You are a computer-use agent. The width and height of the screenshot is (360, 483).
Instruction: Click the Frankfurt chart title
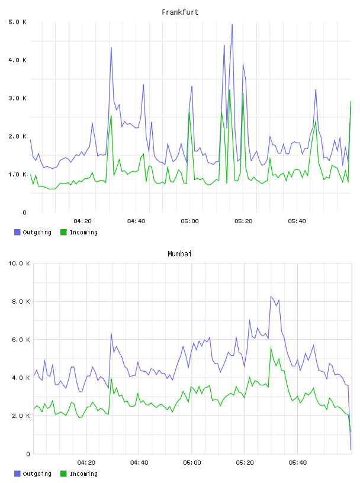click(x=180, y=12)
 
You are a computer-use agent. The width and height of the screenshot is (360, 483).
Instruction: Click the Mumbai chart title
click(x=179, y=254)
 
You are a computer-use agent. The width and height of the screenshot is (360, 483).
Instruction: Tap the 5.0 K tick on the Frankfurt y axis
click(x=17, y=22)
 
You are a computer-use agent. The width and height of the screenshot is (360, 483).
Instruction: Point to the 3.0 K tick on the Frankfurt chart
click(x=17, y=98)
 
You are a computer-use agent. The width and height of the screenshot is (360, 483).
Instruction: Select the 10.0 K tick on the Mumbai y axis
click(x=19, y=263)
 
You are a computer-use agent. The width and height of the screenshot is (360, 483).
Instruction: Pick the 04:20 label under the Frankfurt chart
click(x=83, y=221)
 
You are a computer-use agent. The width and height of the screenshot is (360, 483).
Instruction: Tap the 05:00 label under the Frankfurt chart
click(x=190, y=221)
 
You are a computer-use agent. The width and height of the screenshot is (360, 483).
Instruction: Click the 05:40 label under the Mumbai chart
click(x=298, y=463)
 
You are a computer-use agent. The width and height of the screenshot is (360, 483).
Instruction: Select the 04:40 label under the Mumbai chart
click(x=139, y=463)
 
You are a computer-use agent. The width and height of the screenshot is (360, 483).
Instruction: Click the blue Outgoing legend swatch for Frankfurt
click(x=17, y=232)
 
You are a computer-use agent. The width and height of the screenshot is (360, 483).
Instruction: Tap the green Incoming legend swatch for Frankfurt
click(x=63, y=232)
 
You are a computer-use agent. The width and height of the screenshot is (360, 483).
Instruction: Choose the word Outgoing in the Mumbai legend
click(x=37, y=474)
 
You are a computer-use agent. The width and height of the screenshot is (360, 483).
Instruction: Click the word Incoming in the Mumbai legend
click(x=83, y=474)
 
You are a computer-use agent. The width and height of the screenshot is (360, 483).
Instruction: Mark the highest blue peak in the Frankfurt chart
click(x=232, y=25)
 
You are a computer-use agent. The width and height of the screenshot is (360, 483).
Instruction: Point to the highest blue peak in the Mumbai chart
click(x=271, y=297)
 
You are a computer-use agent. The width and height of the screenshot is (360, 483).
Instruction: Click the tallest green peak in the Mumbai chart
click(x=271, y=347)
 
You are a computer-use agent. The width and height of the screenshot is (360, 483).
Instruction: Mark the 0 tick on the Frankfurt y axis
click(x=25, y=212)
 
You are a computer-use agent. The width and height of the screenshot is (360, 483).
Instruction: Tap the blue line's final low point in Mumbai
click(x=351, y=450)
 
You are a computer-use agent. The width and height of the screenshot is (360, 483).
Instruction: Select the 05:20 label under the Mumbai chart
click(x=245, y=463)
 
